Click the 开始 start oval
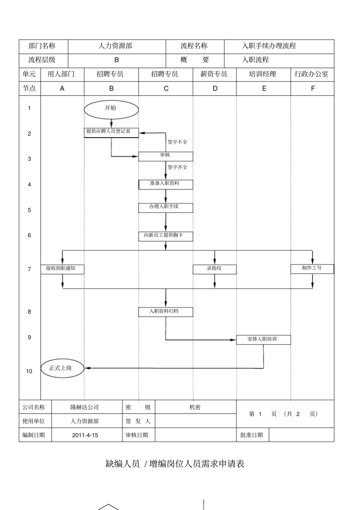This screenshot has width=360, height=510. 111,110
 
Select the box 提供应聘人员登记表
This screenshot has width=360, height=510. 111,132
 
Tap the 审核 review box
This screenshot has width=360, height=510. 166,156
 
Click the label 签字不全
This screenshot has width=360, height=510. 177,142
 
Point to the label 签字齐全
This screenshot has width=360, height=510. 177,167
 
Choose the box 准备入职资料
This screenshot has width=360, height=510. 166,184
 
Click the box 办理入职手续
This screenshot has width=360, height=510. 166,208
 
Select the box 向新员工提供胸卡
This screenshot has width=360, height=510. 166,236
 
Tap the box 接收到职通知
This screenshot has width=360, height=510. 62,269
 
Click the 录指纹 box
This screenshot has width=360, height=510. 214,269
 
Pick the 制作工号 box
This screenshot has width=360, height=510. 312,269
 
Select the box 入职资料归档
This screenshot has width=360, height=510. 166,312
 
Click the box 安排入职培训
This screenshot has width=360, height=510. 263,339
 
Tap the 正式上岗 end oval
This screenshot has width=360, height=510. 62,368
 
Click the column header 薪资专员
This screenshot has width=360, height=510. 214,74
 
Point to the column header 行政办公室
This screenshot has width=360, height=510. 312,74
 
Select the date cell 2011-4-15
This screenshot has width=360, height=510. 85,435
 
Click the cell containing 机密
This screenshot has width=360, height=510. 195,407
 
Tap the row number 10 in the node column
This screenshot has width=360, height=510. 29,371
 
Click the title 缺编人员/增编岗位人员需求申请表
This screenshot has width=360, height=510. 175,463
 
